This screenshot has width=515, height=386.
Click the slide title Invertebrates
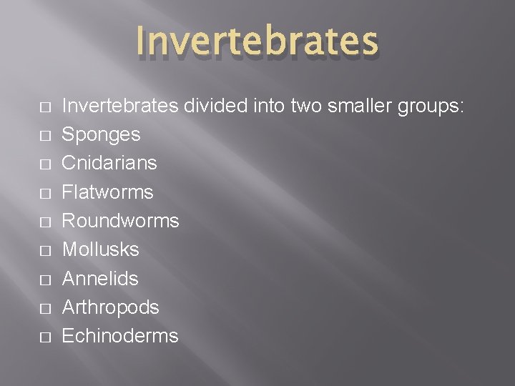tap(256, 40)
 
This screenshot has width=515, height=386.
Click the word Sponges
tap(101, 134)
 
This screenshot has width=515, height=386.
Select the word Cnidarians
tap(109, 163)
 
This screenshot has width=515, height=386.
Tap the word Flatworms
tap(107, 192)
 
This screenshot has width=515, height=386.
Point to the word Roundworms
tap(120, 221)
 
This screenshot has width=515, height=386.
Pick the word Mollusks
tap(100, 249)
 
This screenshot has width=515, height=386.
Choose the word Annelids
tap(100, 278)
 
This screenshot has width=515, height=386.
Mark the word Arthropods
tap(110, 307)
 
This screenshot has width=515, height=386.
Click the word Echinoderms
tap(120, 336)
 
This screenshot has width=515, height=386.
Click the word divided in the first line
tap(217, 106)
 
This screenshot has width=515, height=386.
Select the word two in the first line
tap(305, 106)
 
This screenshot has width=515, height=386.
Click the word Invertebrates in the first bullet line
tap(120, 106)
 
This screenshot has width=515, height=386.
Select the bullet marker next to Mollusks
tap(45, 251)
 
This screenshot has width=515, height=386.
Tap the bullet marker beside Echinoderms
tap(45, 337)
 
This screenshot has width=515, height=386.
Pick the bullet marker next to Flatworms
tap(45, 193)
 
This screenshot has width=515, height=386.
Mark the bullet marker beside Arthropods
tap(45, 308)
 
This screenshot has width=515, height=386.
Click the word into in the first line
tap(270, 106)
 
